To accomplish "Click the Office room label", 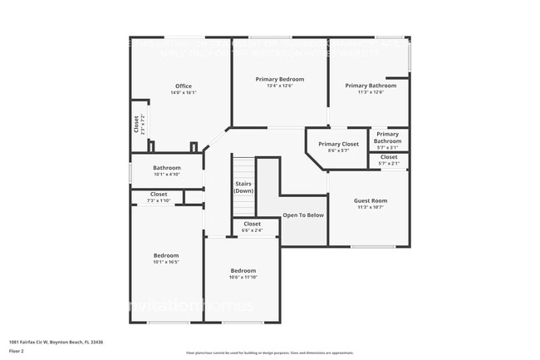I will pos(183,86).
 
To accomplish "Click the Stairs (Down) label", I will pos(243,187).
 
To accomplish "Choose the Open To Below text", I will pos(303,215).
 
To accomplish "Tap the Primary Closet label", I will pos(338,144).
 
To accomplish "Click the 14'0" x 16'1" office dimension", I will pos(183,93).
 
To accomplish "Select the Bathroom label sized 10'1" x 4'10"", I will pos(167,168).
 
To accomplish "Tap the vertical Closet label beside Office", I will pos(137,125).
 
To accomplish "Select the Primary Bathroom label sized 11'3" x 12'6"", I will pos(371,86).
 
